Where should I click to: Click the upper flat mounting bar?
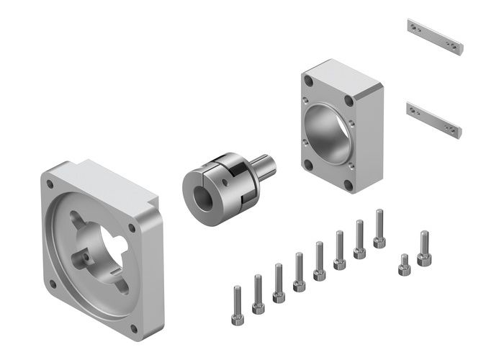pyautogui.click(x=434, y=37)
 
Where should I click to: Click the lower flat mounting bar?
pyautogui.click(x=432, y=119)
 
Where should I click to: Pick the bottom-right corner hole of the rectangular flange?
pyautogui.click(x=349, y=185)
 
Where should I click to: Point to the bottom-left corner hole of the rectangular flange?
pyautogui.click(x=308, y=164)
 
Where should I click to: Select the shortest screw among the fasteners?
pyautogui.click(x=404, y=264)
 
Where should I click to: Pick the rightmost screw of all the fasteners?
pyautogui.click(x=423, y=248)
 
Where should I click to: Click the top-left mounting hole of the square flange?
pyautogui.click(x=50, y=184)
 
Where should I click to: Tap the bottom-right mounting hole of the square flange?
pyautogui.click(x=134, y=328)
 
